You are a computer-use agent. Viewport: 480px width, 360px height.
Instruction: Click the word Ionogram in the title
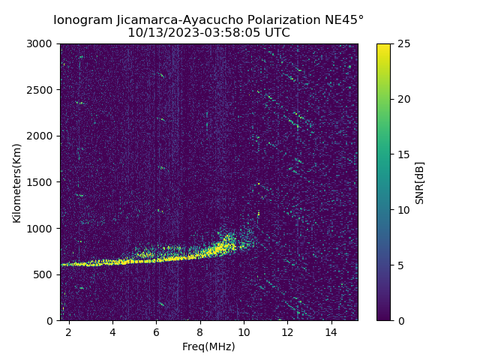tap(79, 19)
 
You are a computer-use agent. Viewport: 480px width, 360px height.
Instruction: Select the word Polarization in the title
tap(286, 19)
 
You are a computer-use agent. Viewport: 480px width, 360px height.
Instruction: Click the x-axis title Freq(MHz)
tap(208, 346)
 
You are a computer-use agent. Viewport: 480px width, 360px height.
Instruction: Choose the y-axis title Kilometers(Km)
tap(16, 182)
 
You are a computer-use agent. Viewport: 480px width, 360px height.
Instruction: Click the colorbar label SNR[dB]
tap(420, 182)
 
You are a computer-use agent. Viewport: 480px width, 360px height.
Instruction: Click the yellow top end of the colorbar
tap(383, 46)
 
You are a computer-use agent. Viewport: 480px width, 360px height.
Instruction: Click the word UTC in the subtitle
tap(277, 33)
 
